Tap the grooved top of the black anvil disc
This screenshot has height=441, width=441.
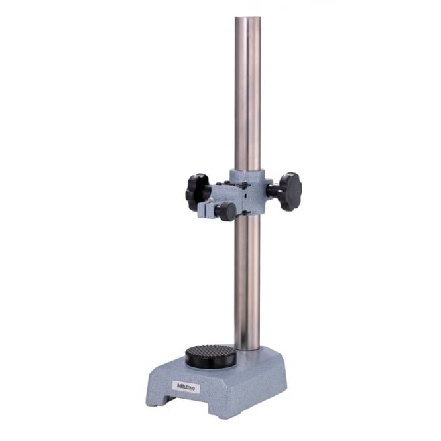click(x=211, y=352)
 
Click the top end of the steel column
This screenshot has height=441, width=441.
click(x=247, y=20)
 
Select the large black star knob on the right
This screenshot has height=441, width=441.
click(x=290, y=191)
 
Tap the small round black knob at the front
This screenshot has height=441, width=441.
click(x=225, y=212)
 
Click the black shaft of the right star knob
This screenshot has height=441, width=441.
click(x=273, y=190)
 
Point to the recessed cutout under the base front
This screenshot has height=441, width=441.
click(x=192, y=403)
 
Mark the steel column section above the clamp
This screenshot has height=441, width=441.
click(x=247, y=99)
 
